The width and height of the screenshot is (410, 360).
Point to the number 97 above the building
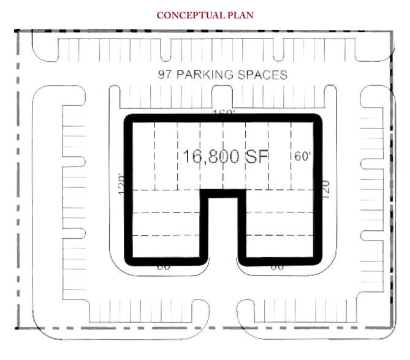tap(163, 76)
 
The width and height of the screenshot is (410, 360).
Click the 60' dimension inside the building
tap(304, 156)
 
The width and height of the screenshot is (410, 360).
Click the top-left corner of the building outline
tap(128, 118)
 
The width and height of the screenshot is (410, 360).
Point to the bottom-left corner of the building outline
tap(128, 262)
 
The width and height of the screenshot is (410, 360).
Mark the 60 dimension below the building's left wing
tap(164, 268)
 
